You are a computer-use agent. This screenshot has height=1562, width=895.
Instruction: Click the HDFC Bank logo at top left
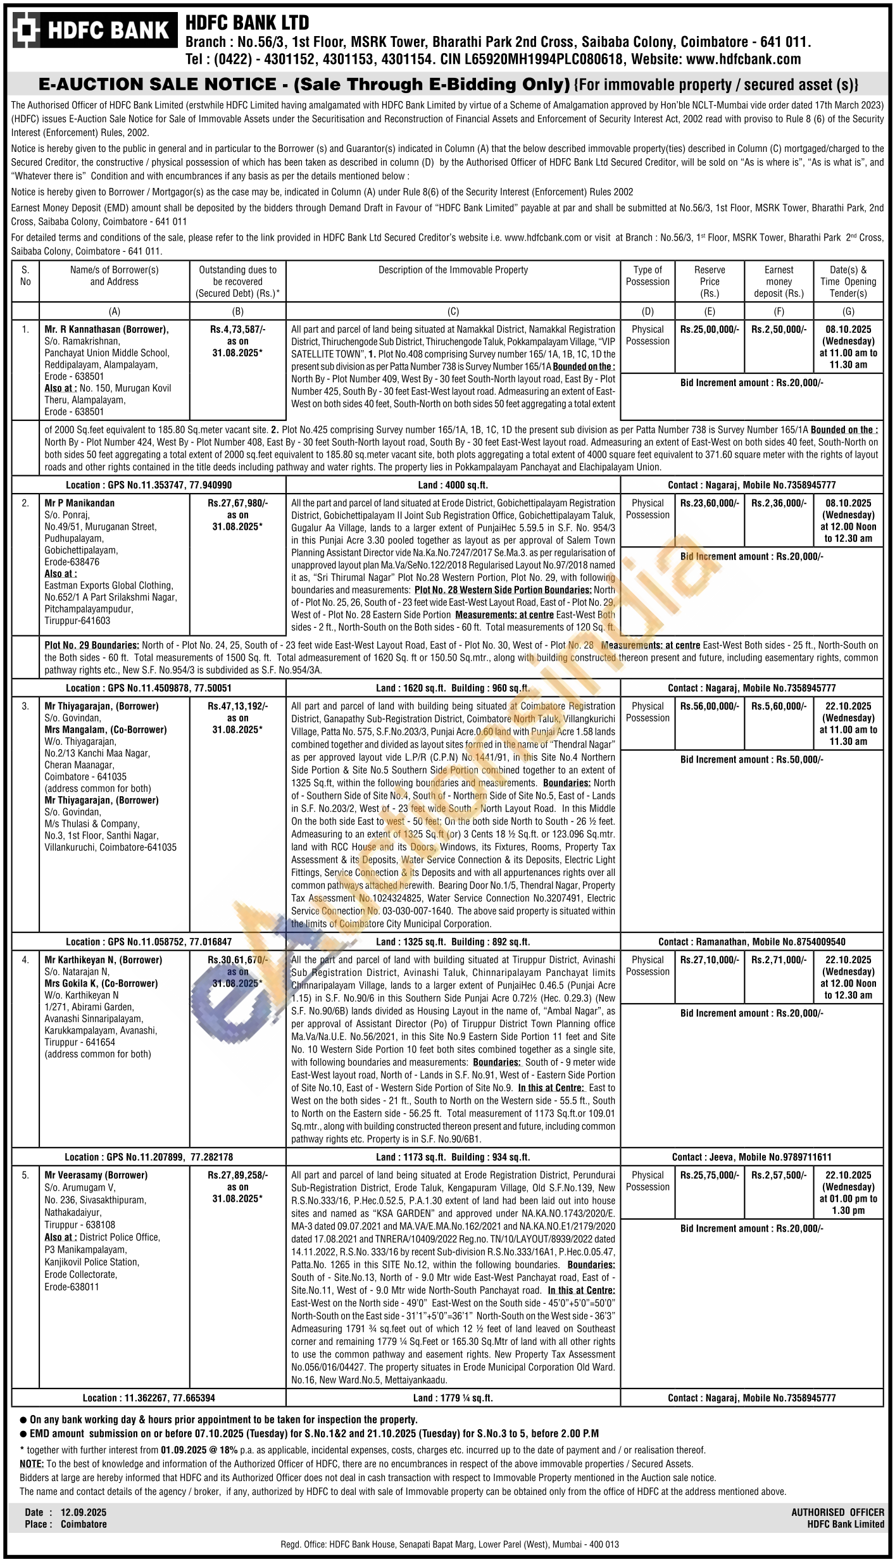(94, 30)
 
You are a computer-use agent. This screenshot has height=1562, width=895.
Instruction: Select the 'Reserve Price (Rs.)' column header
(709, 282)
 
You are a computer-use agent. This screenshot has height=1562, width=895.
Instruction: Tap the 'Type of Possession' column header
(648, 276)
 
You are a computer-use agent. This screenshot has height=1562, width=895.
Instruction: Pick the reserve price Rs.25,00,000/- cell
(710, 329)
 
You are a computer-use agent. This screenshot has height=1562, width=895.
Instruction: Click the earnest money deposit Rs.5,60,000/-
(779, 706)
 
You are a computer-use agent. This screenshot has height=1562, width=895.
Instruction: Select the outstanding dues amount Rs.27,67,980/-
(237, 503)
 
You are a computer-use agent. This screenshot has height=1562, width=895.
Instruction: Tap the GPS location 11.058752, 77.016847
(149, 942)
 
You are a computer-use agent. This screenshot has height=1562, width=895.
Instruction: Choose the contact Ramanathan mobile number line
(751, 942)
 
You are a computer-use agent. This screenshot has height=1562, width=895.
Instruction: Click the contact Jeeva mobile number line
(751, 1157)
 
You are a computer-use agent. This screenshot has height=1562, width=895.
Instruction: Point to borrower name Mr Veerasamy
(96, 1175)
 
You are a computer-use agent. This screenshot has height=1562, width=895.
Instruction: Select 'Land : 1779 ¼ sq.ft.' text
(453, 1398)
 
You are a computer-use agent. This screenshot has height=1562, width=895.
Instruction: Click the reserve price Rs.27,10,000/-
(710, 959)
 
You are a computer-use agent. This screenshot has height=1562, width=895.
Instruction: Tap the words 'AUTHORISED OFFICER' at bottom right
(837, 1512)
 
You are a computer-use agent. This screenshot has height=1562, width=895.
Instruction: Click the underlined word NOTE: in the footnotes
(32, 1463)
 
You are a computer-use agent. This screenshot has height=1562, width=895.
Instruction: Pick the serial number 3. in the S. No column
(25, 706)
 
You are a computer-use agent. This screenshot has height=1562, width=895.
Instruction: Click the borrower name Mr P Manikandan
(79, 503)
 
